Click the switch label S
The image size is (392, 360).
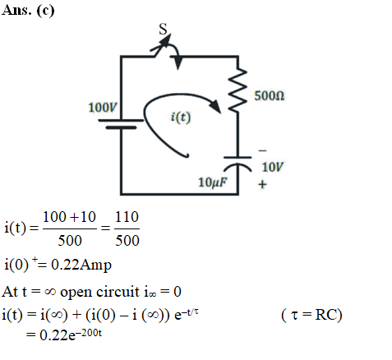pos(163,29)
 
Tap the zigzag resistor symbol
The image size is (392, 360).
pos(238,90)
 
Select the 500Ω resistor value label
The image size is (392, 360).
pos(270,96)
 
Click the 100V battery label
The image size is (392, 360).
pos(103,107)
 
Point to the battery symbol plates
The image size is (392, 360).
pos(121,123)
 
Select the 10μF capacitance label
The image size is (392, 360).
pos(213,182)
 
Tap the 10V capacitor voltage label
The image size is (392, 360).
pos(273,167)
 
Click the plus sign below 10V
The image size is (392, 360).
pos(262,184)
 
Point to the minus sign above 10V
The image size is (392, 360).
pos(262,150)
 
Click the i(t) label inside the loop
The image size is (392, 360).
pos(181,118)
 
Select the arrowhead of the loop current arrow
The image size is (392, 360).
pos(216,106)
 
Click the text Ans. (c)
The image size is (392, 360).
pos(28,11)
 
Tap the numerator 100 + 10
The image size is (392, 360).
pos(69,217)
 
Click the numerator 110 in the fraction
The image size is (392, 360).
pos(127,217)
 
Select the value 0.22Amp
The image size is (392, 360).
pos(81,265)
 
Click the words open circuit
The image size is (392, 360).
pos(99,292)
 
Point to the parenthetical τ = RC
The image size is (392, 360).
pos(311,315)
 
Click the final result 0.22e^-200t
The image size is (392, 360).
pos(71,335)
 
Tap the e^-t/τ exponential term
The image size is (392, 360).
pos(187,314)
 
